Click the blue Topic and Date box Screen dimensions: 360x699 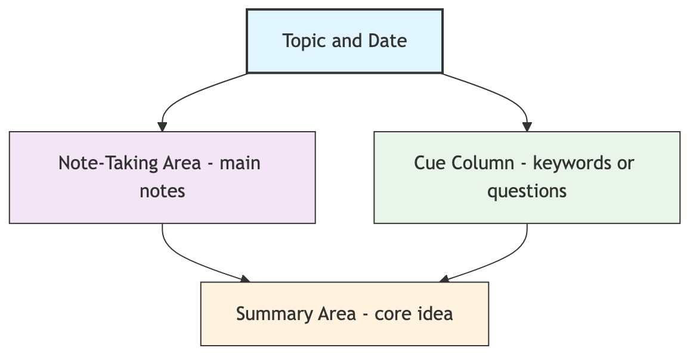[x=344, y=41]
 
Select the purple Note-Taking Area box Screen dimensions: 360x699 [x=162, y=177]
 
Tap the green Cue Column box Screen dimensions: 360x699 [x=527, y=177]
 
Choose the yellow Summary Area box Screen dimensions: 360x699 [x=344, y=314]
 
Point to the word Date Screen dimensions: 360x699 [x=388, y=41]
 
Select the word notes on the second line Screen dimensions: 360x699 [x=162, y=191]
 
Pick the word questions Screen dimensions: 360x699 [x=527, y=191]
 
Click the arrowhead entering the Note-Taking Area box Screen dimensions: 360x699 [x=162, y=126]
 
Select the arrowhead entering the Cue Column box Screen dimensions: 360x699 [x=527, y=126]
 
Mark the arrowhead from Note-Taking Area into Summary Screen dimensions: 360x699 [x=245, y=279]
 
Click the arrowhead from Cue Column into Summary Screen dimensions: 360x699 [x=443, y=279]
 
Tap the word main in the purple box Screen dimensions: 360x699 [x=240, y=163]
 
